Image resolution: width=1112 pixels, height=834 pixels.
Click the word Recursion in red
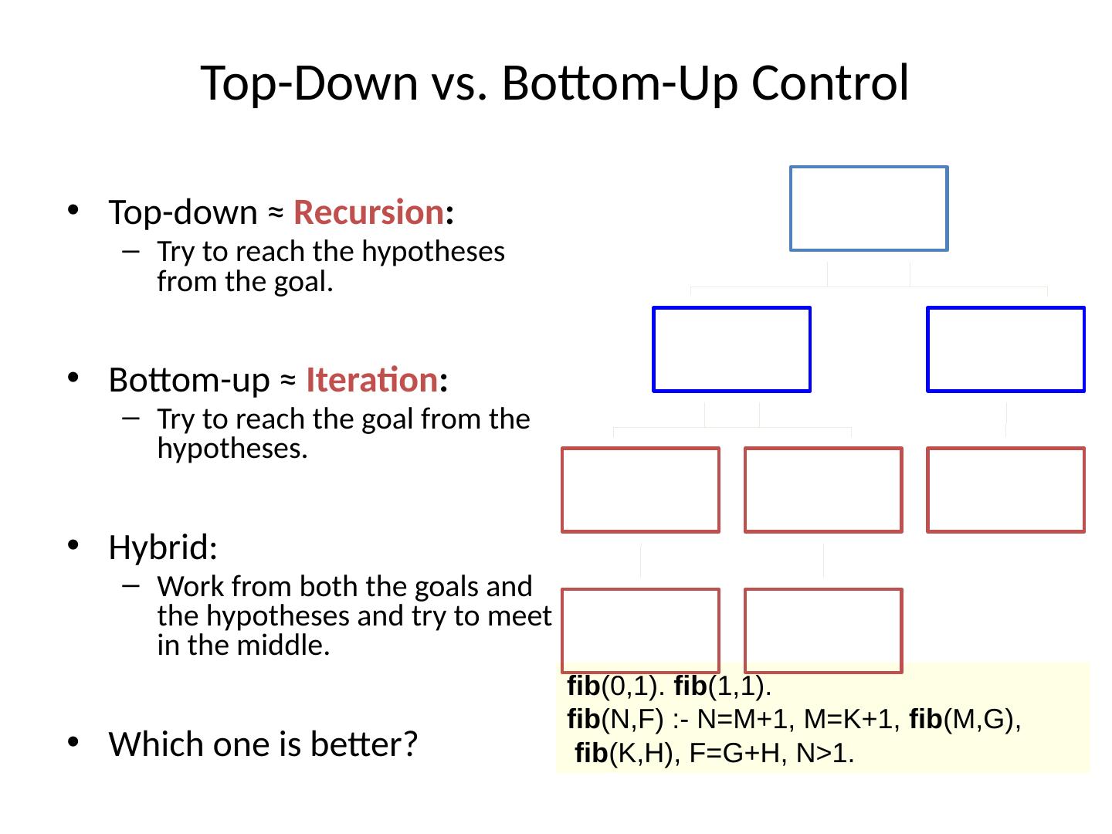(x=368, y=212)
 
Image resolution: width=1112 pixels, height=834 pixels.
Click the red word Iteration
(x=371, y=380)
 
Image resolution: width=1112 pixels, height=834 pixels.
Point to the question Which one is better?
(x=263, y=744)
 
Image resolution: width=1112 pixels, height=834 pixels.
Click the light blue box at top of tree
(x=869, y=208)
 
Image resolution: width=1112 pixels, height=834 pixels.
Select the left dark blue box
(x=731, y=349)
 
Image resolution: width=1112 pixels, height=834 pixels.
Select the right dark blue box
(x=1005, y=349)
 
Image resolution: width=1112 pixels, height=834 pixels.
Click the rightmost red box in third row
(x=1005, y=490)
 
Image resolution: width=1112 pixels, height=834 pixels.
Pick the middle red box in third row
(x=823, y=490)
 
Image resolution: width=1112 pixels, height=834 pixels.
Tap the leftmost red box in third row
(x=640, y=490)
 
